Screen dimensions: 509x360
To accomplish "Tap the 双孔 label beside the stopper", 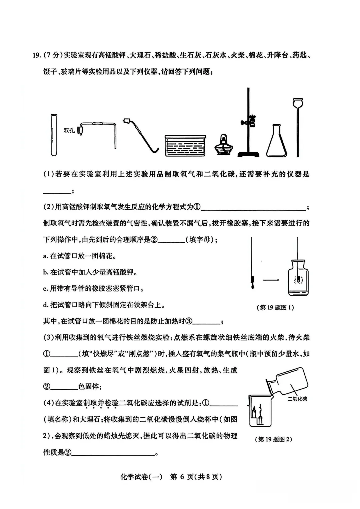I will coord(69,130).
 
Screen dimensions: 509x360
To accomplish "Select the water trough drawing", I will coord(185,145).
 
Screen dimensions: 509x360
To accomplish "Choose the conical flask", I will coord(276,141).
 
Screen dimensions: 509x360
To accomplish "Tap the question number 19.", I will coord(37,55).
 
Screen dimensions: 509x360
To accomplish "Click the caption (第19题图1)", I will coord(275,307).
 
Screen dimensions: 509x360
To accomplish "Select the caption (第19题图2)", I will coord(273,439).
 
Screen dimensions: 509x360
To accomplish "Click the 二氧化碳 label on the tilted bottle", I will coord(297,399).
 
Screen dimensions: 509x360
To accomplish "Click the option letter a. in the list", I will coord(46,256).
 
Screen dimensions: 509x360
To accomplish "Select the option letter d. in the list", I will coord(46,305).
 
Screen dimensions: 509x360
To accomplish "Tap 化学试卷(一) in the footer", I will coord(141,477).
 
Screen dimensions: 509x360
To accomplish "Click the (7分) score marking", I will coord(53,55).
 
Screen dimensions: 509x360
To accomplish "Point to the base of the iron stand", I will coord(248,154).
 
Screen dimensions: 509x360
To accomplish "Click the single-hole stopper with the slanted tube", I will coord(127,121).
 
